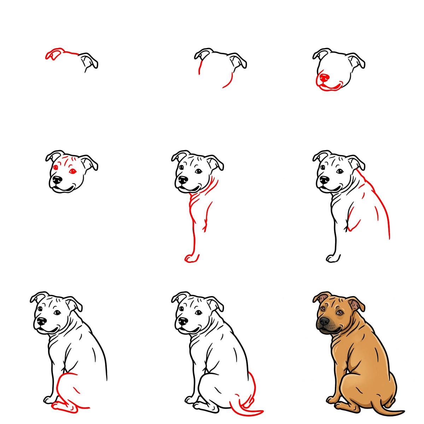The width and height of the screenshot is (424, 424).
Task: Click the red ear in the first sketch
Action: point(53,54)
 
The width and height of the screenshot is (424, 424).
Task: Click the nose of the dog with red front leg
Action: point(183,181)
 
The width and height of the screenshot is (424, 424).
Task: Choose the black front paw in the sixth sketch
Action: point(332,258)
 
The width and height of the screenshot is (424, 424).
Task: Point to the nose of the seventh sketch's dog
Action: point(42,321)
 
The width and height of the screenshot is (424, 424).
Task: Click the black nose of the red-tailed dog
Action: point(183,321)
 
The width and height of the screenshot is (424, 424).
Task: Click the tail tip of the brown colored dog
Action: point(401,411)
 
